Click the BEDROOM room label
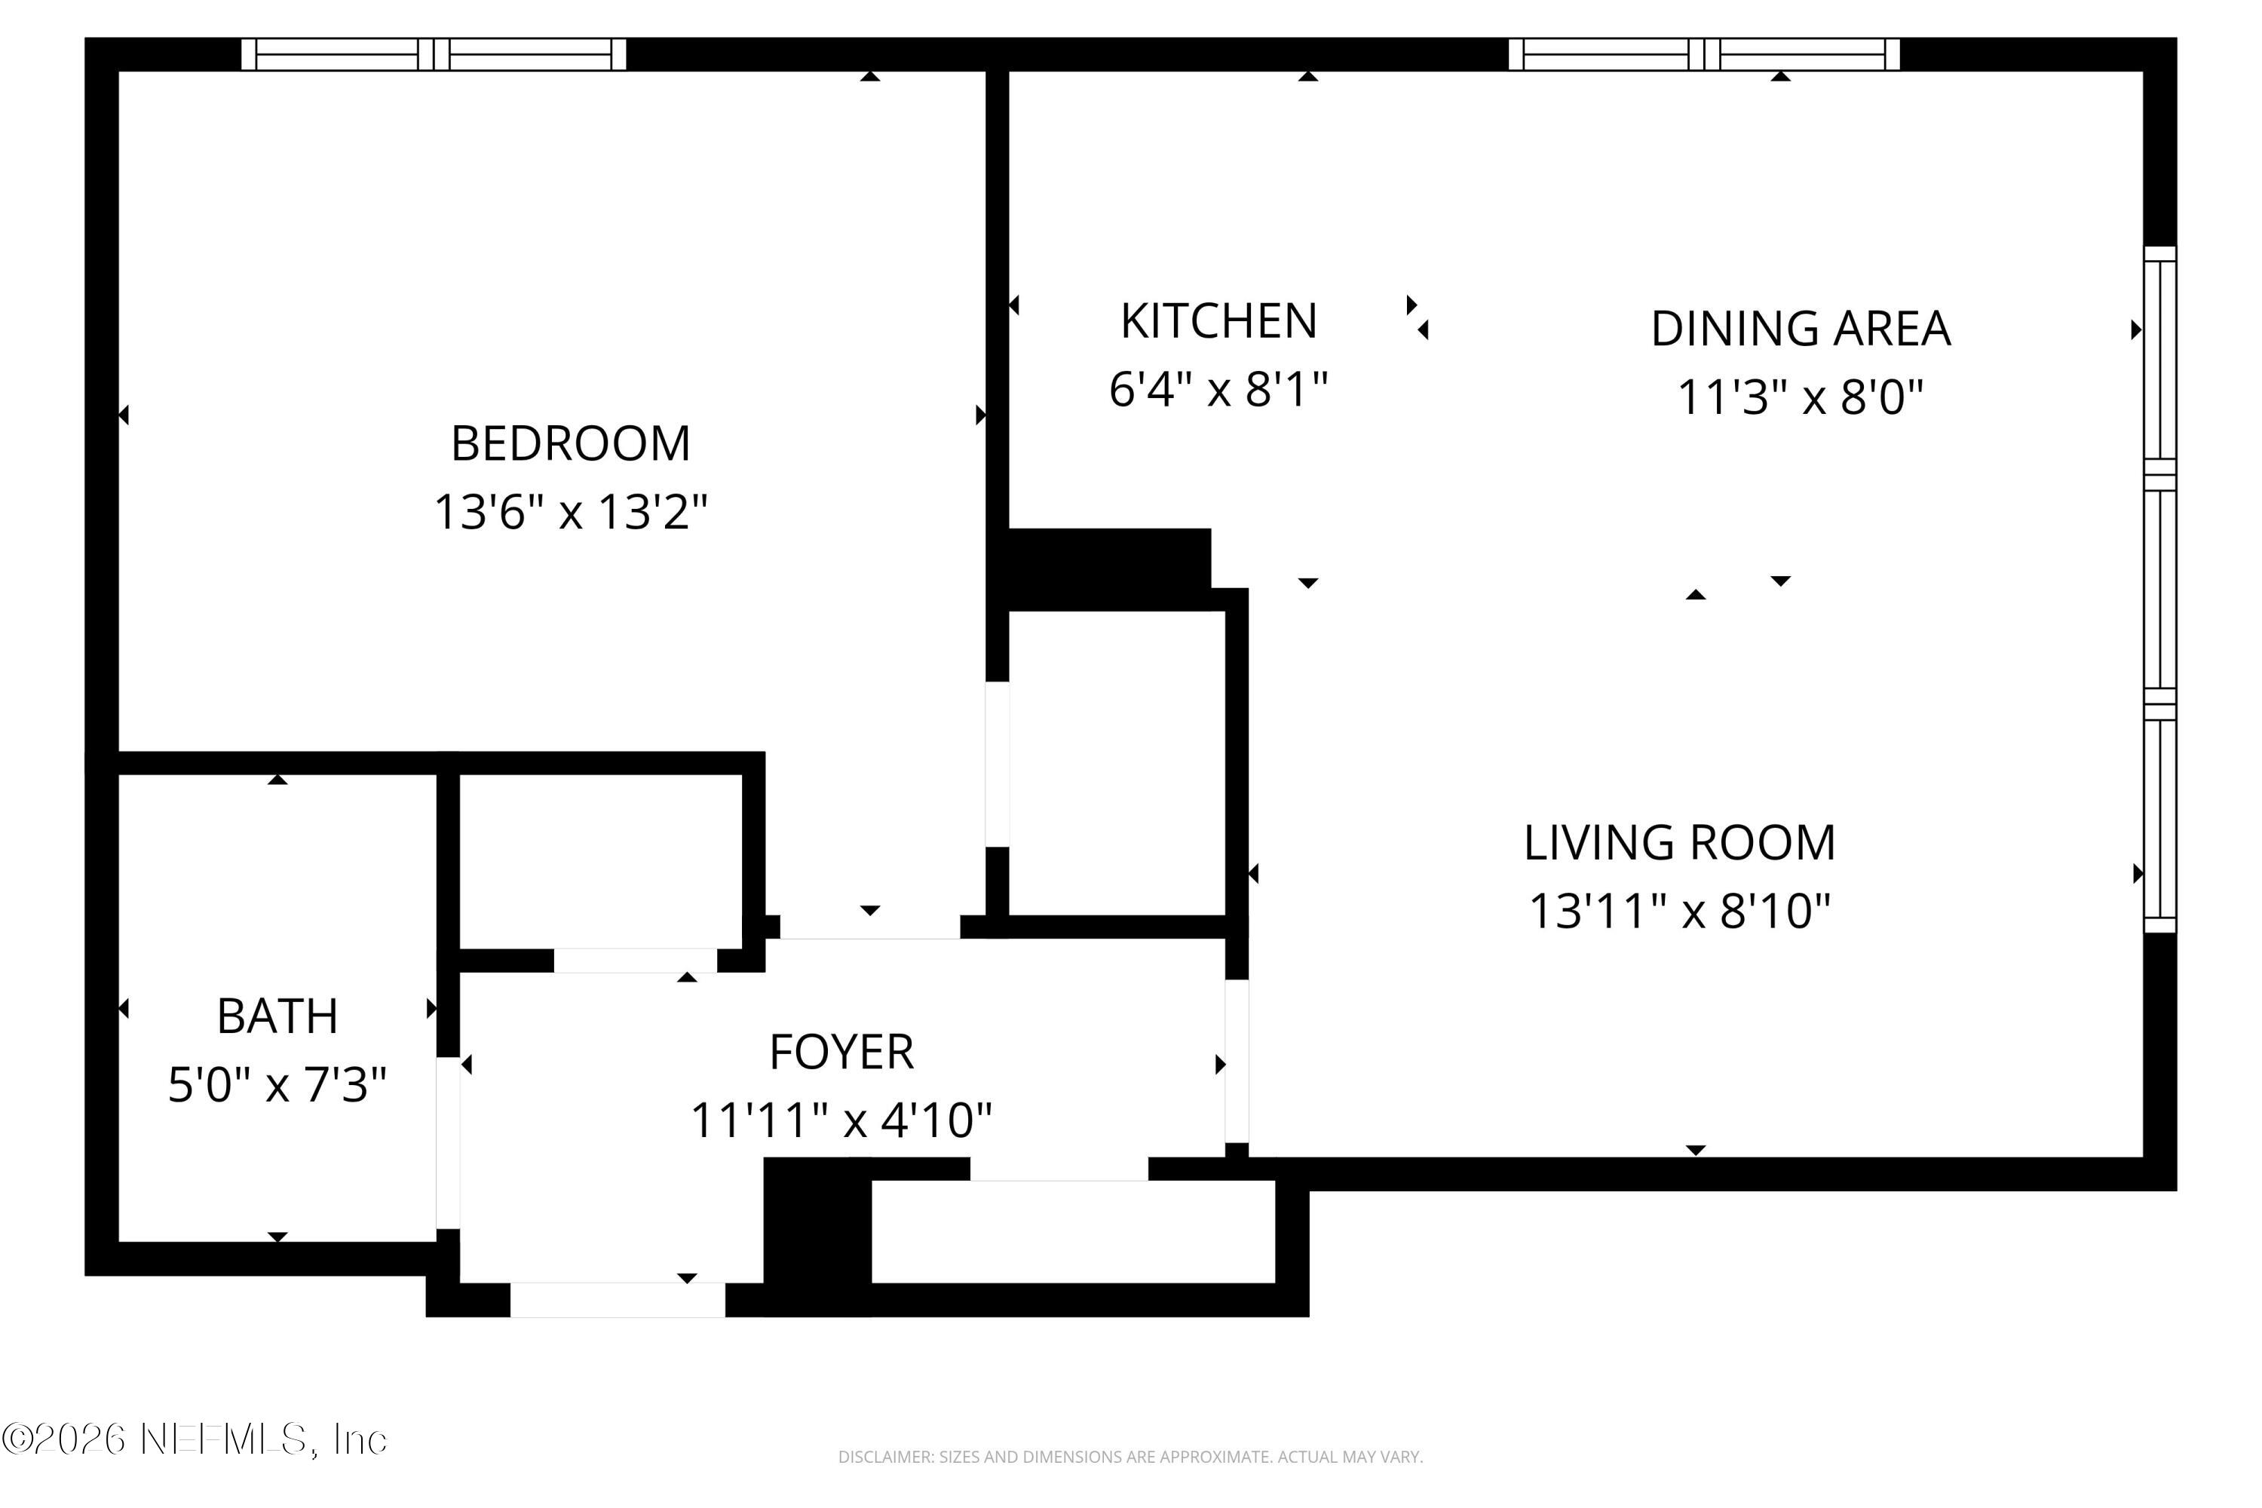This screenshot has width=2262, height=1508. click(x=570, y=443)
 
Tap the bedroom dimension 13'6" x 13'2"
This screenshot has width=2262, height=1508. click(x=570, y=512)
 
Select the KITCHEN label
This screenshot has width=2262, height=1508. click(x=1218, y=321)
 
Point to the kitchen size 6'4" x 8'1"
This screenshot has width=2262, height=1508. click(x=1218, y=391)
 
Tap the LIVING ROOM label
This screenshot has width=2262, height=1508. click(x=1679, y=842)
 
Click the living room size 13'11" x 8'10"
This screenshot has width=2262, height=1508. click(x=1679, y=911)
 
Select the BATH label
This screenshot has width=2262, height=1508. click(x=277, y=1016)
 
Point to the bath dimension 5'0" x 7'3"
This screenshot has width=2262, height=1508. click(x=277, y=1085)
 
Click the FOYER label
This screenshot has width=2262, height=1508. click(x=841, y=1052)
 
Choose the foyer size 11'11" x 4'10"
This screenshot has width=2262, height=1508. click(x=841, y=1120)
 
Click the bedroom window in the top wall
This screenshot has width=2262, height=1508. click(x=433, y=55)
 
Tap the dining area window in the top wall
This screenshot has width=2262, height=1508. click(x=1703, y=55)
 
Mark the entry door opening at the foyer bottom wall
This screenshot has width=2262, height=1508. click(x=617, y=1299)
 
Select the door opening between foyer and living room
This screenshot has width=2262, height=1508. click(x=1236, y=1061)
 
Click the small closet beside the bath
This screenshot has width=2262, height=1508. click(x=600, y=861)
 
